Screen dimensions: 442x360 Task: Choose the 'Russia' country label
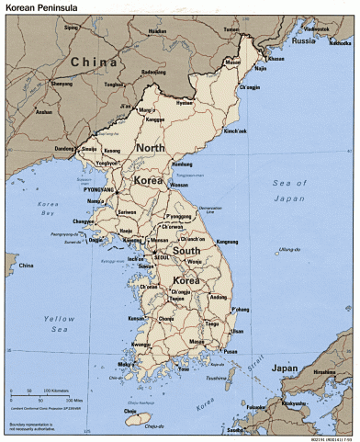click(x=303, y=41)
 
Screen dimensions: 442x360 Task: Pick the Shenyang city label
click(x=62, y=84)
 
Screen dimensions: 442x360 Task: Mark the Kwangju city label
click(x=142, y=345)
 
